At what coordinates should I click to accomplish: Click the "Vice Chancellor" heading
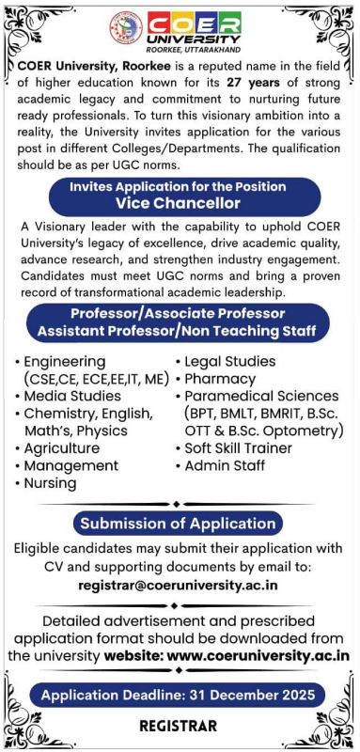179,203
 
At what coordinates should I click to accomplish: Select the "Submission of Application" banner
178,524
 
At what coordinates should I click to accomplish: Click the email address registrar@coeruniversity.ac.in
179,584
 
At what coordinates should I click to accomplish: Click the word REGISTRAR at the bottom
178,726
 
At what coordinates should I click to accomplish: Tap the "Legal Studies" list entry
230,362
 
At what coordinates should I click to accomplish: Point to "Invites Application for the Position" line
179,186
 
